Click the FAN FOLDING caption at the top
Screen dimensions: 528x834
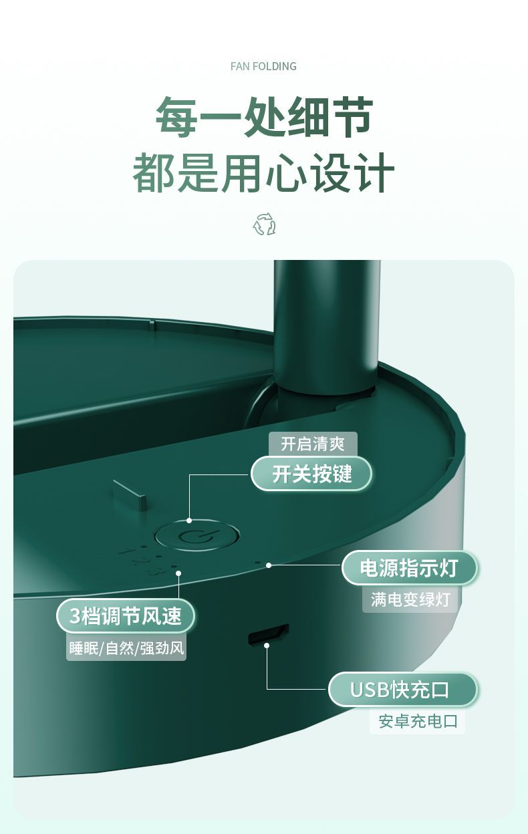point(263,66)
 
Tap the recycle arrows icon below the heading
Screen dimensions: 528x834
point(264,224)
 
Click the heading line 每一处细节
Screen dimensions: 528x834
point(264,116)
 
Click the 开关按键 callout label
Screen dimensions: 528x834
point(311,474)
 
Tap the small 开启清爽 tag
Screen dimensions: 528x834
point(313,444)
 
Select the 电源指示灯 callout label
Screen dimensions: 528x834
point(409,568)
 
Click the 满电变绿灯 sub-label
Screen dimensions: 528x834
point(410,599)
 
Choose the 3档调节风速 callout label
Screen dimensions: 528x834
point(126,615)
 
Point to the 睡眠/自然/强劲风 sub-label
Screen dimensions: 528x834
point(126,648)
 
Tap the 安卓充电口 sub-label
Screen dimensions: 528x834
point(418,721)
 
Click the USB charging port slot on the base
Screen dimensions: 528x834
point(268,634)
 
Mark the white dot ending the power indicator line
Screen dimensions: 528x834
point(269,565)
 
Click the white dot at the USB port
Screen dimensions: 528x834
point(267,646)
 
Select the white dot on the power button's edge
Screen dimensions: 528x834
point(189,521)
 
